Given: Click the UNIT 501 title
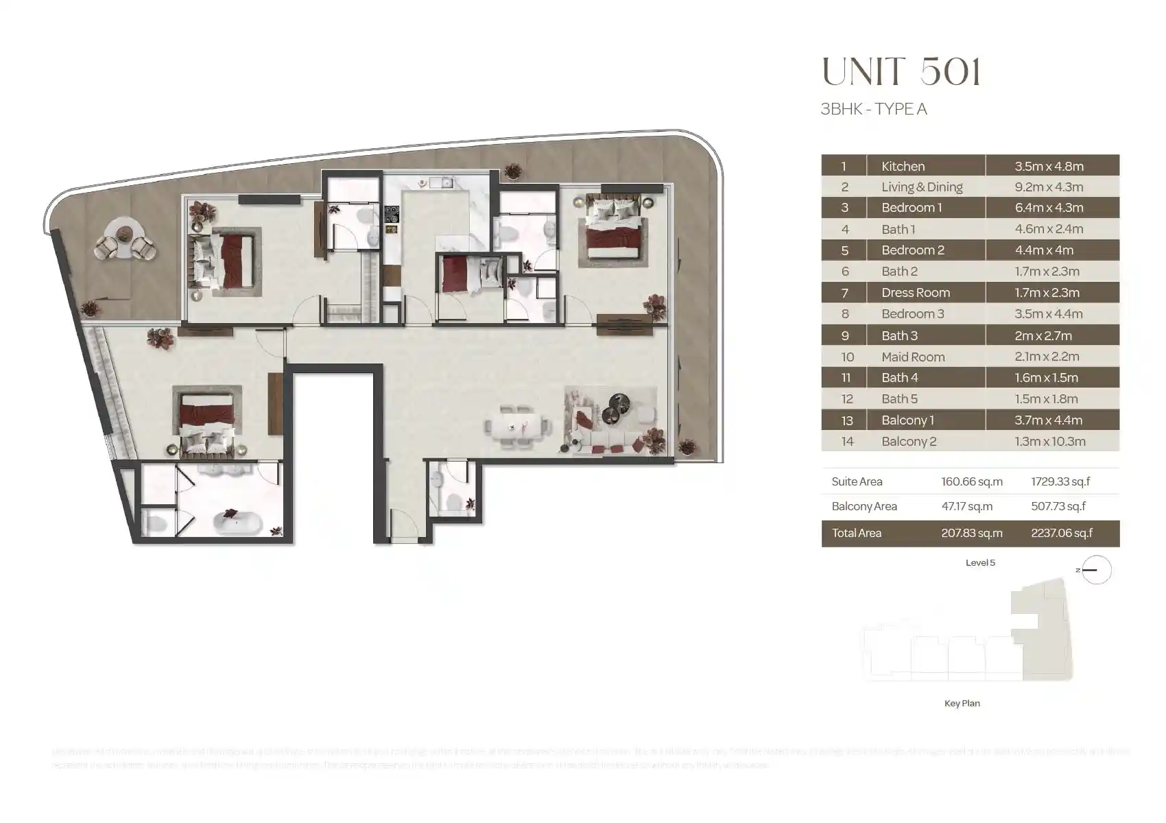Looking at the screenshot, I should [901, 72].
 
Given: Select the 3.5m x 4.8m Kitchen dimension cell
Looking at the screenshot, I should [1049, 166].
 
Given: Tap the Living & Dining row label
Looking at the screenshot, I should [922, 187].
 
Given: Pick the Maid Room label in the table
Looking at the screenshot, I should [913, 357].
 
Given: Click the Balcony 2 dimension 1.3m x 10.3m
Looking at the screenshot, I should [1050, 442].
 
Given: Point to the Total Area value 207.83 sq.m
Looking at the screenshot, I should [971, 533].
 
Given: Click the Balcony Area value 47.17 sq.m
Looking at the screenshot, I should [966, 507].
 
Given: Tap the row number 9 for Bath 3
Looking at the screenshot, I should [845, 335].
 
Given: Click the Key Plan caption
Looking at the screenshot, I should [962, 703].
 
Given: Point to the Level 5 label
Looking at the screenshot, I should [980, 562].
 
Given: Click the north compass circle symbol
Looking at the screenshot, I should [1096, 570].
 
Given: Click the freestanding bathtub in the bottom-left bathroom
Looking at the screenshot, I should [237, 523].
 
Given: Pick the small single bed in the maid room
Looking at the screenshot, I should [454, 274].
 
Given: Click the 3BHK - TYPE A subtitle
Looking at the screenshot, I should [874, 109].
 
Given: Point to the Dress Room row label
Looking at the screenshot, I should [916, 293].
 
